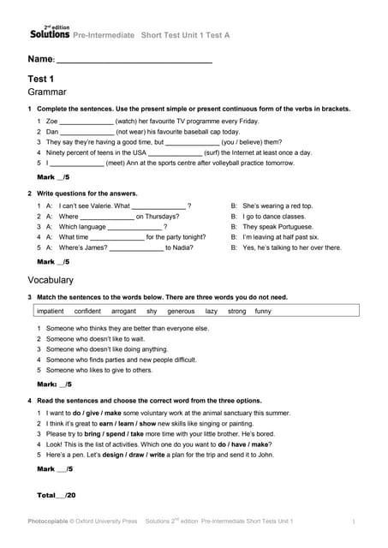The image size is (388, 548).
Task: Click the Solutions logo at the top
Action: click(50, 33)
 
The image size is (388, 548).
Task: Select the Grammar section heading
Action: click(48, 91)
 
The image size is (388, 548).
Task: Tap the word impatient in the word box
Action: click(51, 311)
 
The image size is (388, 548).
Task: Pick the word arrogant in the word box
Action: click(124, 311)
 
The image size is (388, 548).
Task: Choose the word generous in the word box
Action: click(181, 311)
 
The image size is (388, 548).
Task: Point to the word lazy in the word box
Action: click(212, 311)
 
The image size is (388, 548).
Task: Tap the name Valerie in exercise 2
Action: click(98, 205)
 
